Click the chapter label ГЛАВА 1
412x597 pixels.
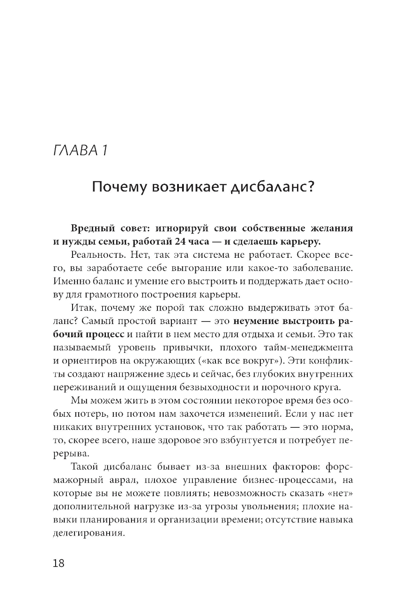tap(80, 150)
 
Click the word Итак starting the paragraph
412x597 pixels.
tap(82, 308)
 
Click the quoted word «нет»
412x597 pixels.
tap(340, 493)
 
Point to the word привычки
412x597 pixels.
tap(183, 347)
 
